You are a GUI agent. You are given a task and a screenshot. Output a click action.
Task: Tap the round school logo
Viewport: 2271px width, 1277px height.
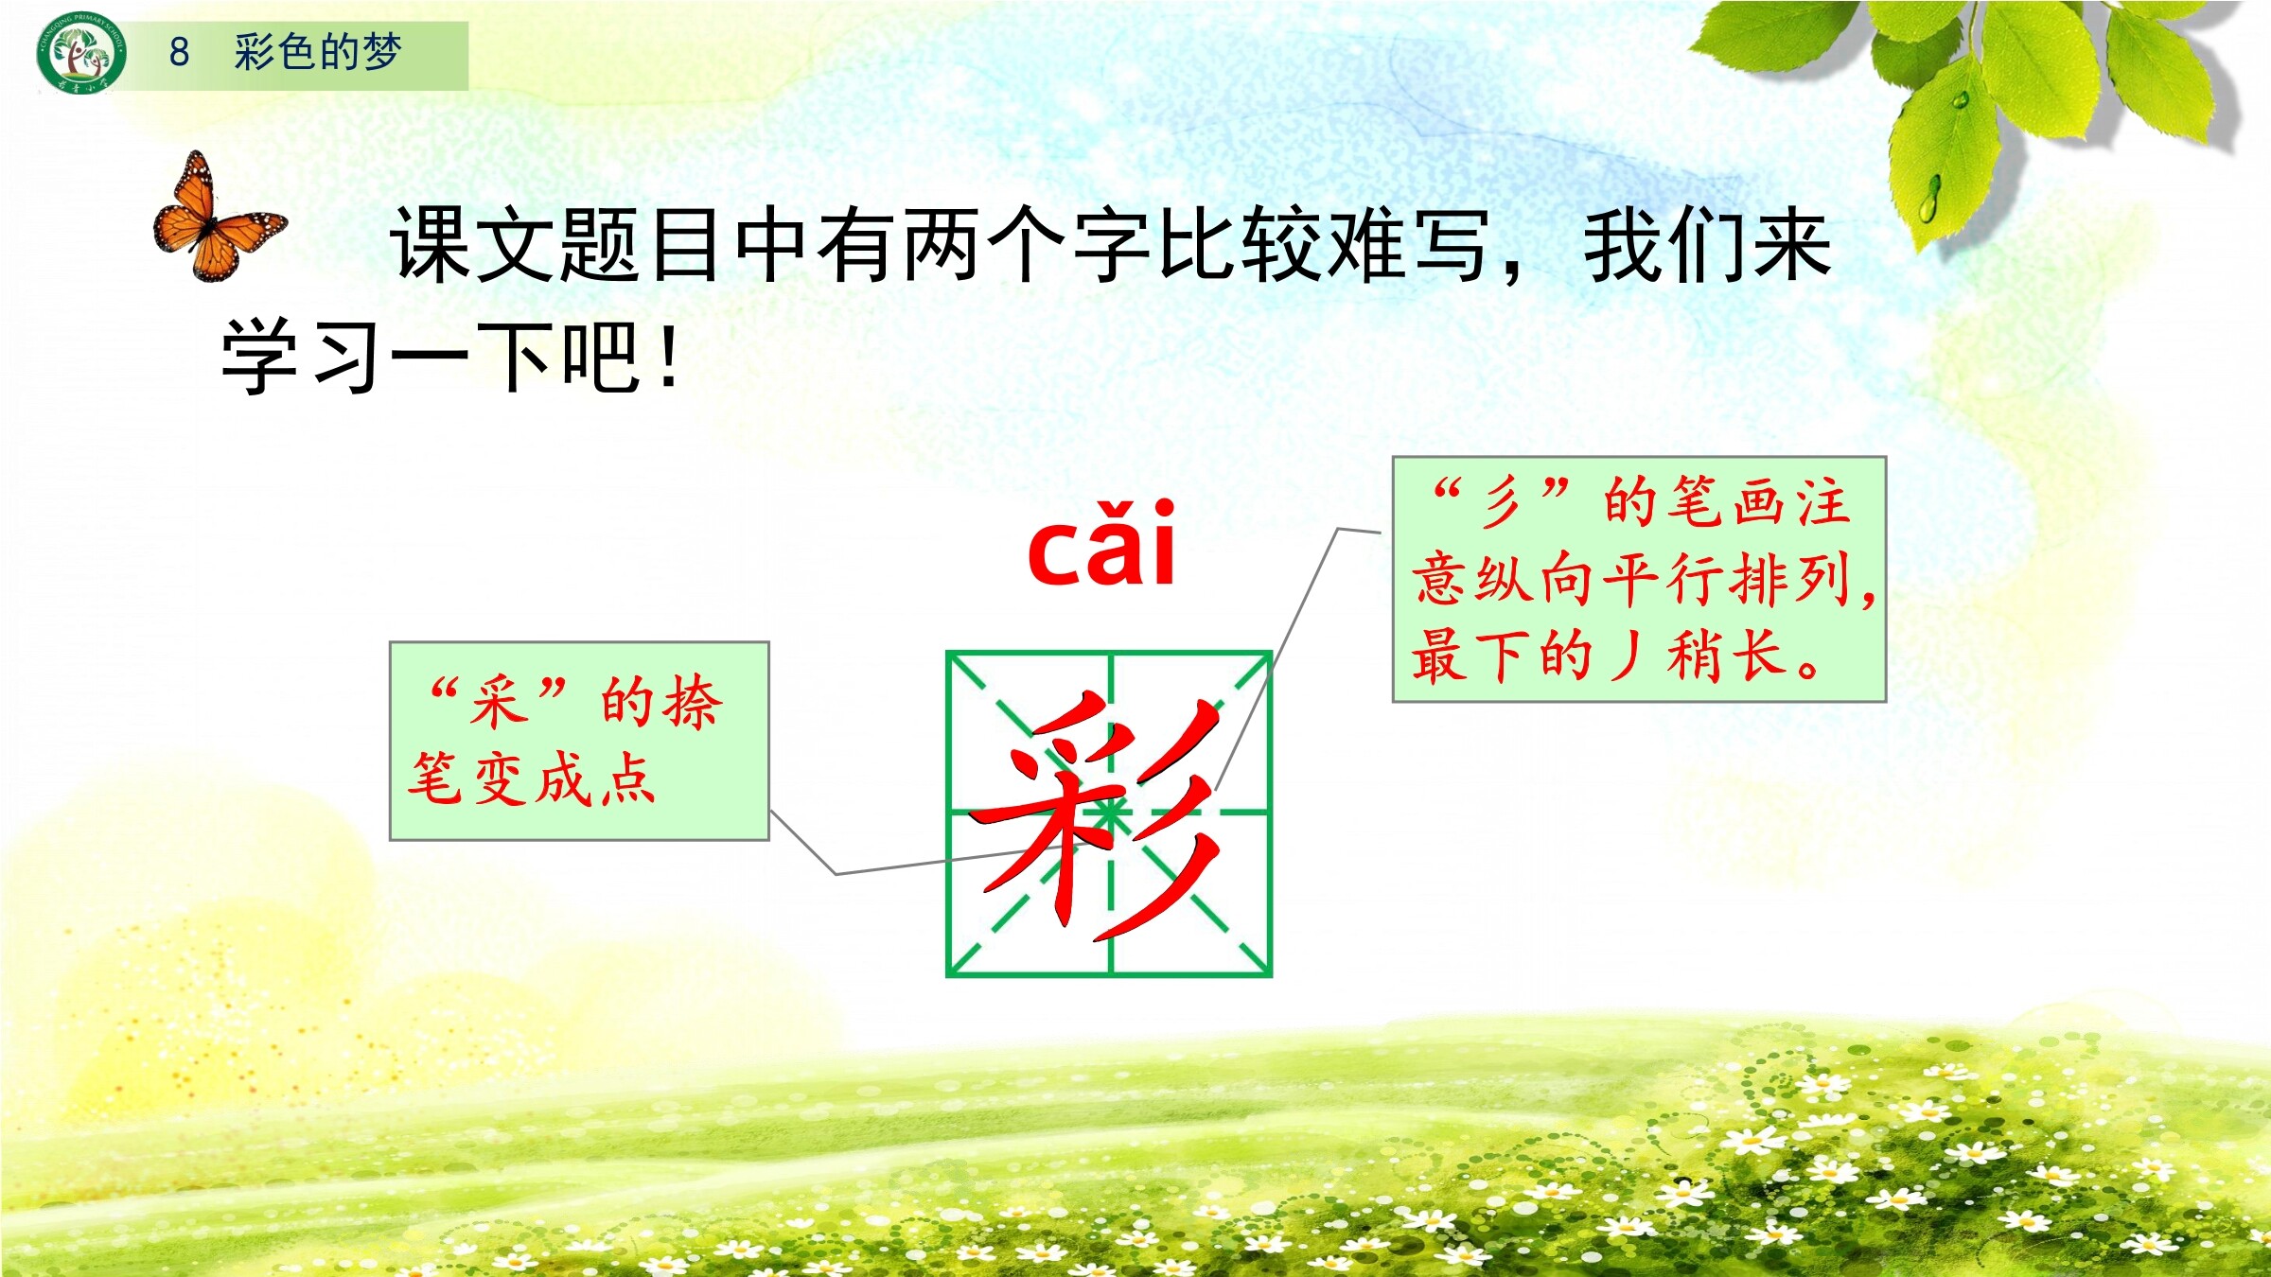click(x=81, y=53)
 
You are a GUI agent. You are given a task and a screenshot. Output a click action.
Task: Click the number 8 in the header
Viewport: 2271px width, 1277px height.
click(x=179, y=52)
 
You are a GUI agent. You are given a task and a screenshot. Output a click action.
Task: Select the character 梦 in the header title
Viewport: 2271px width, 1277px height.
click(x=381, y=52)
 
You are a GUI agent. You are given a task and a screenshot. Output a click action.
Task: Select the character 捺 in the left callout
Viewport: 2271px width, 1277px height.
click(x=695, y=702)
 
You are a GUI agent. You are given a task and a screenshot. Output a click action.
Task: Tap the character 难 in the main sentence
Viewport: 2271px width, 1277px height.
click(x=1366, y=244)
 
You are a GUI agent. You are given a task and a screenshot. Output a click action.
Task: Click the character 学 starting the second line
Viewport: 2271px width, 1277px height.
click(x=260, y=357)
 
